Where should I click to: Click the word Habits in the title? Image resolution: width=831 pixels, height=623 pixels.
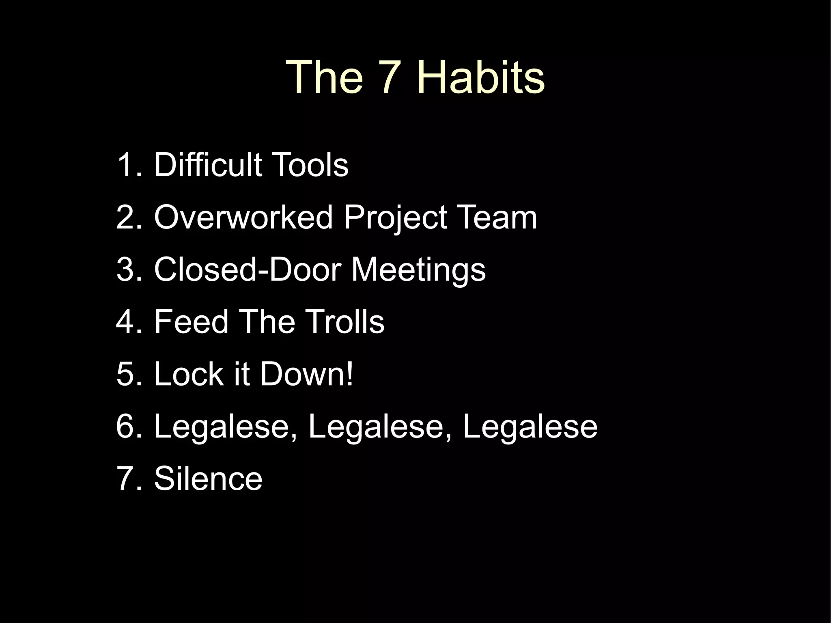(x=481, y=77)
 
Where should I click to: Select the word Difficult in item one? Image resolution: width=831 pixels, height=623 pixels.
(x=208, y=165)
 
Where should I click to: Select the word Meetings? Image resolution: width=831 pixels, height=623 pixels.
(x=418, y=270)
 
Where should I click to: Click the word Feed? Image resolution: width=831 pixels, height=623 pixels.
(x=191, y=321)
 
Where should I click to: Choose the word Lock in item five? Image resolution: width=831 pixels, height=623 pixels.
(x=189, y=374)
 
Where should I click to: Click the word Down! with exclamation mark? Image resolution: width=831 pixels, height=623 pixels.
(x=307, y=374)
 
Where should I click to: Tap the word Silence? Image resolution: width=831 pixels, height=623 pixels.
(x=208, y=479)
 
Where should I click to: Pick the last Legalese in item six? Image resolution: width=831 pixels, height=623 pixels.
(x=530, y=427)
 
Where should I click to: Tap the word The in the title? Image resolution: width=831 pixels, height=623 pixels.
(x=325, y=77)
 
